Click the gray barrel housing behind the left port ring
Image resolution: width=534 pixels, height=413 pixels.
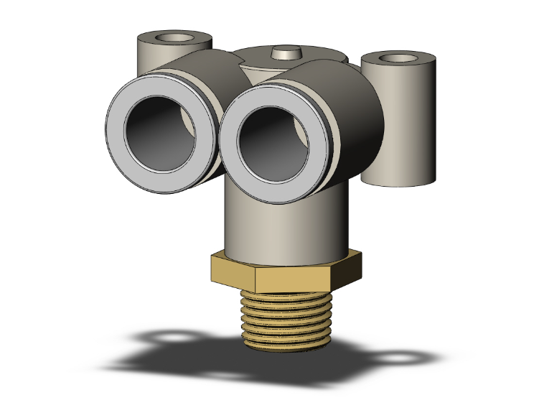coord(197,72)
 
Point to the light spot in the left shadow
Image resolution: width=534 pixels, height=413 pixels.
coord(172,337)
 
